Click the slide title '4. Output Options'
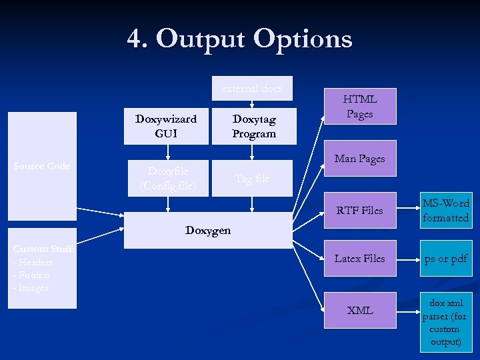click(x=239, y=39)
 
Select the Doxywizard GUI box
click(x=166, y=126)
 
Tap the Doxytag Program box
click(x=253, y=126)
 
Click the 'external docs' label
click(x=251, y=88)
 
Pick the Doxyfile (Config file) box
click(x=167, y=178)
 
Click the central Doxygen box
click(x=208, y=231)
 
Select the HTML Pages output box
click(x=360, y=107)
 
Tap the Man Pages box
click(x=360, y=159)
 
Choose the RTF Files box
click(x=360, y=211)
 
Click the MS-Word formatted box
click(x=445, y=211)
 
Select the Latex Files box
click(x=360, y=258)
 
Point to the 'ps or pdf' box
click(x=445, y=259)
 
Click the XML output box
click(x=360, y=310)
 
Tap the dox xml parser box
click(x=445, y=323)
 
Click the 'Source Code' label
click(x=41, y=166)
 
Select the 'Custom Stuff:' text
click(x=43, y=249)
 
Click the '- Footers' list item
click(x=31, y=275)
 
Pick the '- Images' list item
click(x=31, y=287)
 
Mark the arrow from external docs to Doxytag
click(x=251, y=102)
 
